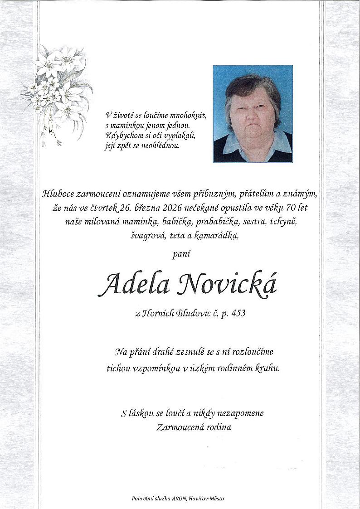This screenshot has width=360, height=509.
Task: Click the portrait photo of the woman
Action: tap(253, 114)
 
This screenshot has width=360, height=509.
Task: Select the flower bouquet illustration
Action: tap(57, 91)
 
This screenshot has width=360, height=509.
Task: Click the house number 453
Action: tap(238, 313)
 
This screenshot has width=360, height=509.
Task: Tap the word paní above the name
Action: tap(180, 255)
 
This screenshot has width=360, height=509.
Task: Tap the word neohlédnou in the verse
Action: tap(161, 146)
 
